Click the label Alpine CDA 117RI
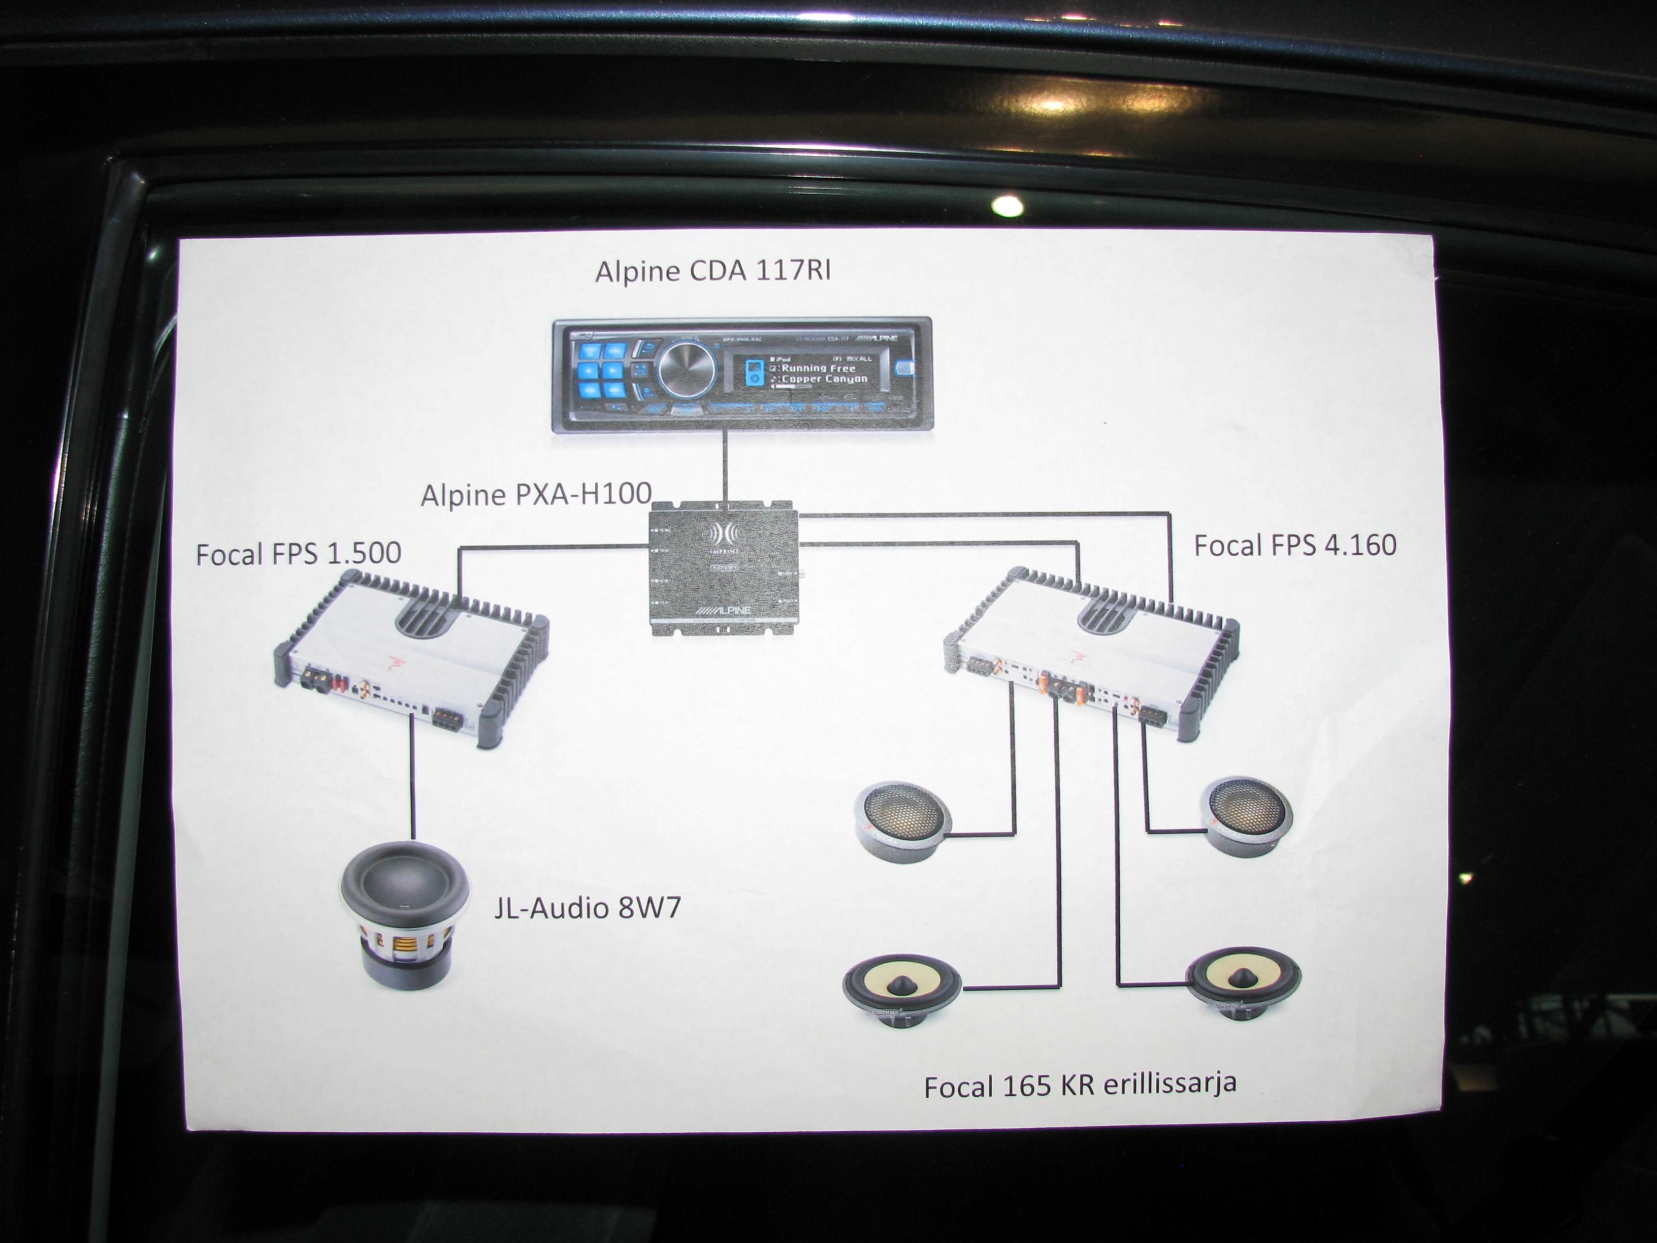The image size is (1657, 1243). click(712, 270)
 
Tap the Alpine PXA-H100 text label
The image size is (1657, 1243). click(536, 494)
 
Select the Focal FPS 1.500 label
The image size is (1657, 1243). click(298, 554)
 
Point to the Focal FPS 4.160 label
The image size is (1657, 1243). click(1294, 545)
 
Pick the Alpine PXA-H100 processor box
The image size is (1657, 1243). click(724, 569)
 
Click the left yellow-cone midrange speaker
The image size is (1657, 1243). click(902, 989)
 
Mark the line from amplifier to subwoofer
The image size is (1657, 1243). click(412, 779)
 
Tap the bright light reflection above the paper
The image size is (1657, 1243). click(1007, 205)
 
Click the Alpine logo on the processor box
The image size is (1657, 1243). click(724, 611)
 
